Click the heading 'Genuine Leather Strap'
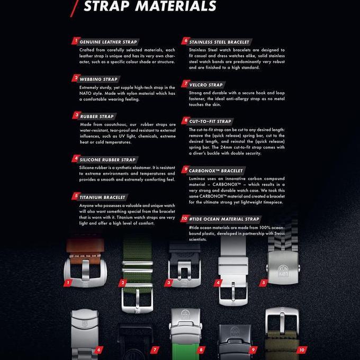(108, 42)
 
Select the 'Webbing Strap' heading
(98, 79)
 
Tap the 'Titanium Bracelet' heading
(102, 197)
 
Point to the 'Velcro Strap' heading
(206, 85)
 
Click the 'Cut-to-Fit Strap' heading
(210, 121)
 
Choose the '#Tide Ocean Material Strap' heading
(224, 219)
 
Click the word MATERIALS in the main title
(176, 6)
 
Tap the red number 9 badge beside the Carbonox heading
(185, 169)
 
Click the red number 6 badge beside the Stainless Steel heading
(185, 41)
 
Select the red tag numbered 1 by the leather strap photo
(68, 283)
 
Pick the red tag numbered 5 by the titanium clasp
(264, 283)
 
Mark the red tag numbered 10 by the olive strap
(301, 350)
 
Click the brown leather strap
(85, 251)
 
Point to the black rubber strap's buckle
(184, 273)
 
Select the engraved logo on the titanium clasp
(283, 271)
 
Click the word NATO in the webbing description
(85, 94)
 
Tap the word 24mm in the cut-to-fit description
(227, 147)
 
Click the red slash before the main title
(75, 8)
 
